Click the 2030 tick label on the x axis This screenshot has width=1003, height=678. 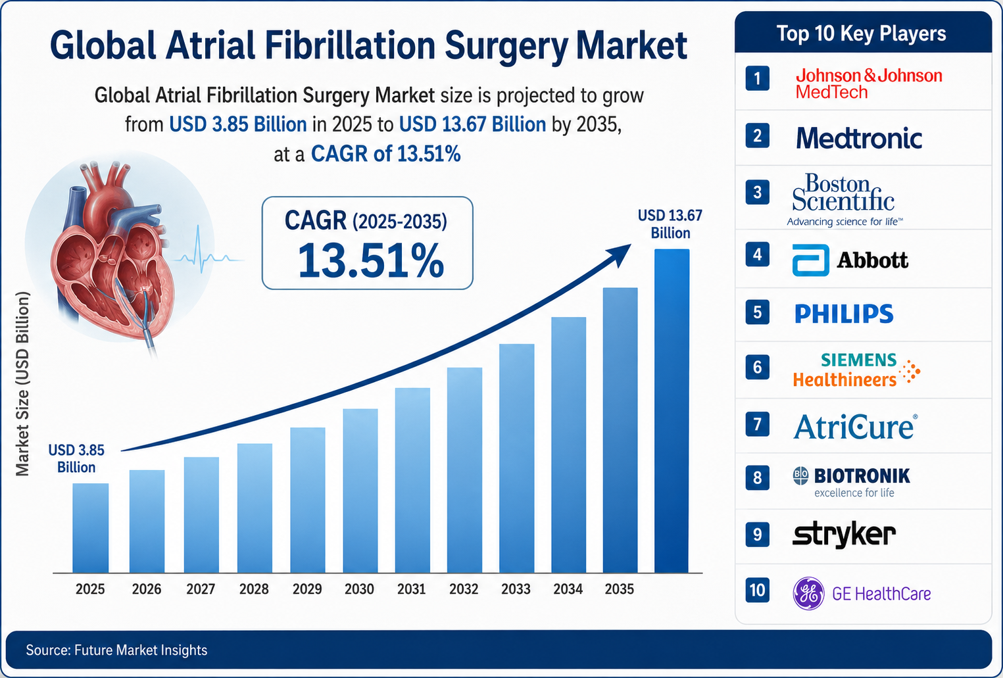(x=359, y=589)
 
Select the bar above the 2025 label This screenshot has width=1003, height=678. (x=91, y=528)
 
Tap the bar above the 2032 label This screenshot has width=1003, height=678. (x=464, y=470)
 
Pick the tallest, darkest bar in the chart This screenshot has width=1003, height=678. (x=672, y=411)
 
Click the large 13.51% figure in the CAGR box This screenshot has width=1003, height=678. (x=370, y=261)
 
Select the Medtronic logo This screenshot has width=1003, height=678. (x=859, y=138)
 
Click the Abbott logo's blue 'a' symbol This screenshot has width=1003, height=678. (x=810, y=260)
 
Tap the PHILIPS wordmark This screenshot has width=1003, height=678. (x=844, y=314)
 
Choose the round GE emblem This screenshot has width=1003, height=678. (x=808, y=593)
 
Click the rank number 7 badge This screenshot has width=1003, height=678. (x=757, y=424)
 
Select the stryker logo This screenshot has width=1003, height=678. (x=844, y=534)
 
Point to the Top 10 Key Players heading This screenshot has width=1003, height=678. (x=861, y=34)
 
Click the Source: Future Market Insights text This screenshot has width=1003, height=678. (x=116, y=650)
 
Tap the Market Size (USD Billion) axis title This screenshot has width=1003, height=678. (x=22, y=384)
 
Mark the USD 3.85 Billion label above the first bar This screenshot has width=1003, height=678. (x=76, y=458)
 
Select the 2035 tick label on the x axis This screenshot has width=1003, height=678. (x=620, y=589)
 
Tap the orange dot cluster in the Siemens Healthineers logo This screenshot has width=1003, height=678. (x=909, y=372)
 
